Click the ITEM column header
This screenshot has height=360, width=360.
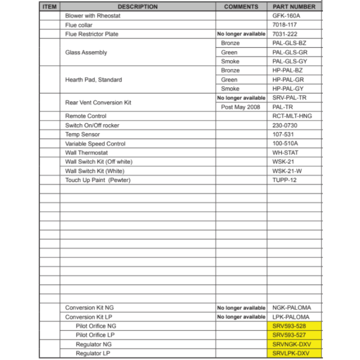point(49,7)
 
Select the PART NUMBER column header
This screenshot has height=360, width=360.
point(294,7)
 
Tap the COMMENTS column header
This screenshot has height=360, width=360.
point(241,7)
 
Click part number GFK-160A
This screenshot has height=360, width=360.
point(286,16)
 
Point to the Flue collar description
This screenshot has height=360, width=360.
point(79,25)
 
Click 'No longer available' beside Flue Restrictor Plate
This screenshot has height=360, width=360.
point(241,34)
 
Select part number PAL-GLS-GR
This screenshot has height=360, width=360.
point(290,53)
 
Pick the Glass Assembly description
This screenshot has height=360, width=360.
point(86,53)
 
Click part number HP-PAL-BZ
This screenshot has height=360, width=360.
point(288,71)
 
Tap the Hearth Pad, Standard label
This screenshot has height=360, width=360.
point(94,80)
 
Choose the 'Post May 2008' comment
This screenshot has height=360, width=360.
point(240,107)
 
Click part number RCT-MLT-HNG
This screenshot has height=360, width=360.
point(292,116)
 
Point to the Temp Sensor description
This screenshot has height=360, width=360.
point(82,135)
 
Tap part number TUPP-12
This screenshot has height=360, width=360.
point(284,180)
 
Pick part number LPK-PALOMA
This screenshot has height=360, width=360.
point(291,317)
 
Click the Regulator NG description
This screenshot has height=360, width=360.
point(94,345)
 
